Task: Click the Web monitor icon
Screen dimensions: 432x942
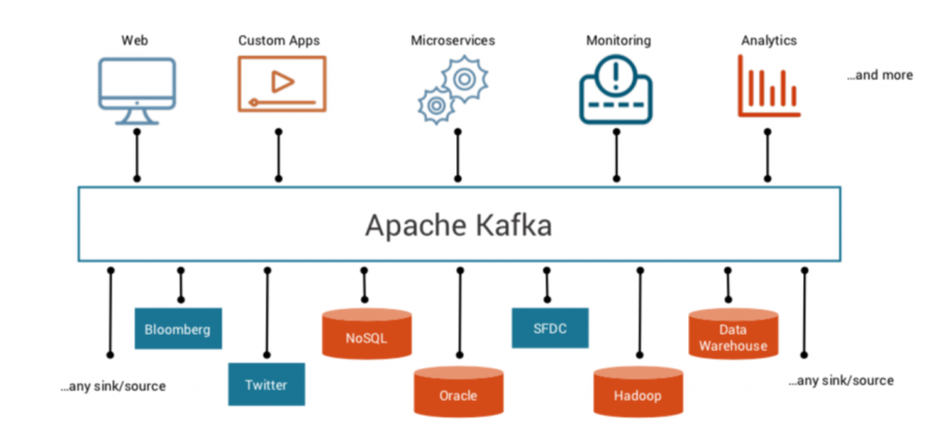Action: pyautogui.click(x=136, y=90)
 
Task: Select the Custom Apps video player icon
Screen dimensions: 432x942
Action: pyautogui.click(x=281, y=84)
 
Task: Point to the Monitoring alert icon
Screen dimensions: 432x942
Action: pyautogui.click(x=615, y=89)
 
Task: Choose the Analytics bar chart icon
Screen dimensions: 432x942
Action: pyautogui.click(x=767, y=86)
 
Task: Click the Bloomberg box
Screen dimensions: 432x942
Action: pyautogui.click(x=178, y=329)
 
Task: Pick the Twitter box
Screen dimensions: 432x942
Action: pyautogui.click(x=267, y=384)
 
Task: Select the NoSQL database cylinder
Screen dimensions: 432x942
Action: pyautogui.click(x=366, y=334)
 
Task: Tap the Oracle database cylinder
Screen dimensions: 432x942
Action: pyautogui.click(x=457, y=391)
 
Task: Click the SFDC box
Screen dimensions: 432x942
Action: pyautogui.click(x=549, y=328)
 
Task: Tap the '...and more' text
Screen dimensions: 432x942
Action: pyautogui.click(x=879, y=75)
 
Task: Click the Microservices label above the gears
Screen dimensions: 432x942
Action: pyautogui.click(x=453, y=40)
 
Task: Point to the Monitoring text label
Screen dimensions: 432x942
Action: pyautogui.click(x=618, y=40)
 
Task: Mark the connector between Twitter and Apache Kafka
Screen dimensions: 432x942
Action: pyautogui.click(x=267, y=313)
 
